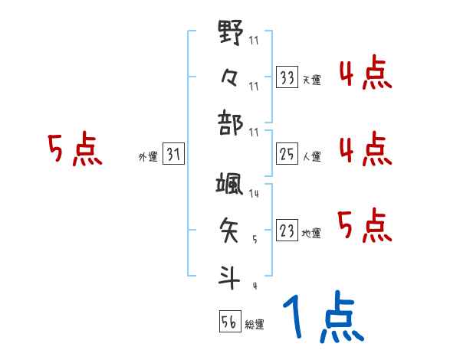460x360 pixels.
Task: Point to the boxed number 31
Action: coord(173,155)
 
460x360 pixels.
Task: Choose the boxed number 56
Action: coord(229,322)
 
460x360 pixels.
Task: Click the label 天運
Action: coord(311,80)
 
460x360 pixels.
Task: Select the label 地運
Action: coord(311,233)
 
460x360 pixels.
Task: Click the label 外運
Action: coord(147,157)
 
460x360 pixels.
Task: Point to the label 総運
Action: coord(255,325)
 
